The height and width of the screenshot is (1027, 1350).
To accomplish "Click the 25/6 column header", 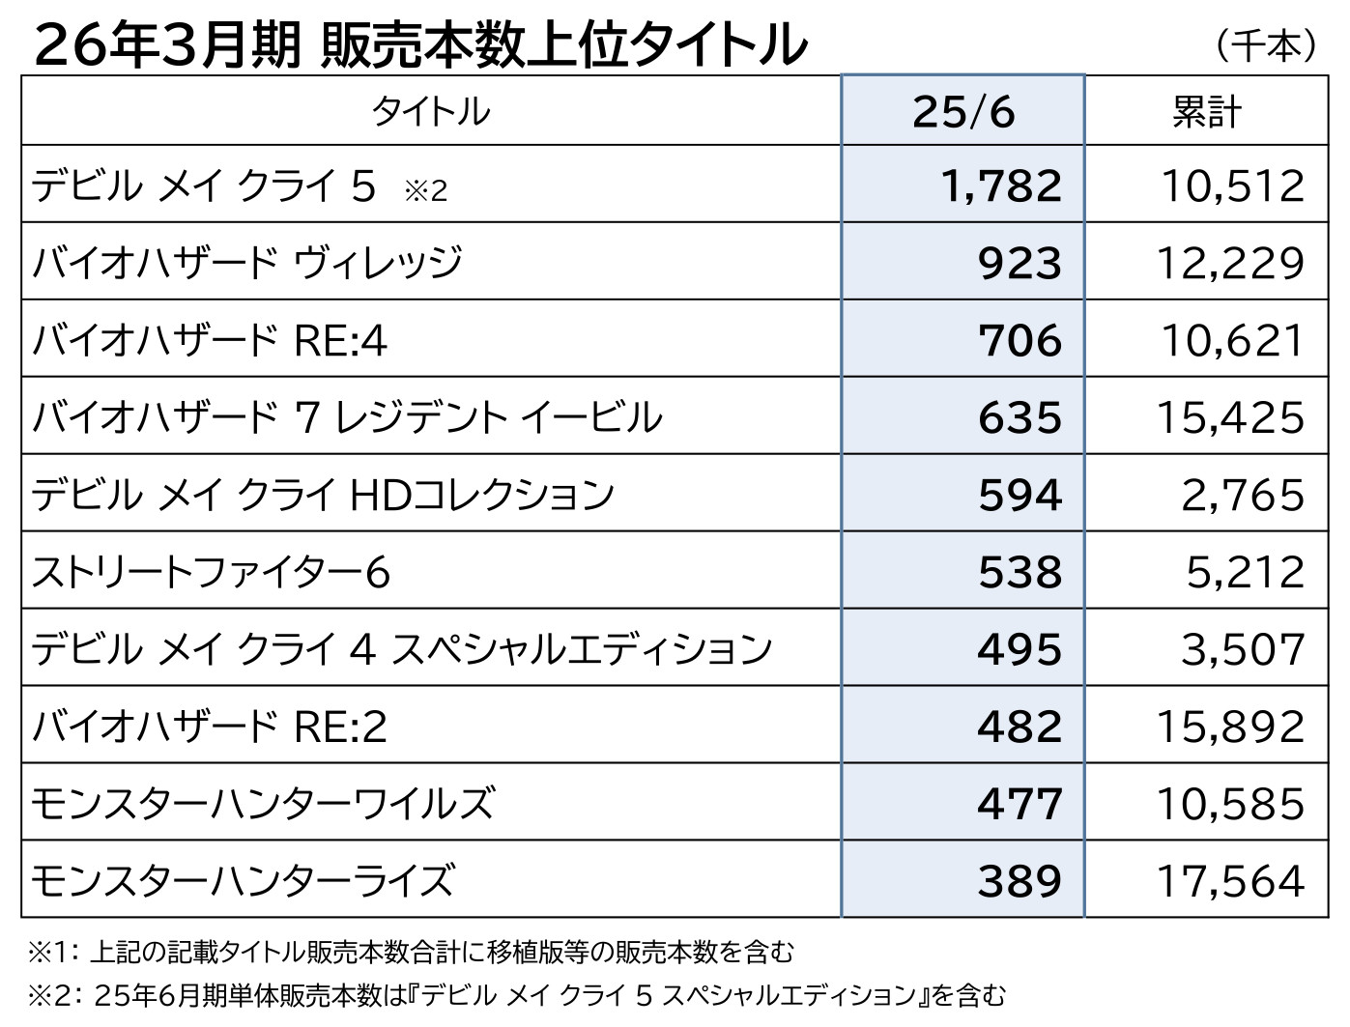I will [963, 112].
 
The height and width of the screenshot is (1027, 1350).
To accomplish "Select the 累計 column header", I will [1206, 112].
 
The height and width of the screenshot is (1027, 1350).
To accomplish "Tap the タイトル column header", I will [431, 112].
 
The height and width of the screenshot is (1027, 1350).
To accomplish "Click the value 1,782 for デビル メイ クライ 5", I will [1001, 185].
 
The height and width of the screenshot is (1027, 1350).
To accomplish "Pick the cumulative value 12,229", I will [1231, 263].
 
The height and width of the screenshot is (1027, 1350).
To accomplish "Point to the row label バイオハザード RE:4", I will [210, 340].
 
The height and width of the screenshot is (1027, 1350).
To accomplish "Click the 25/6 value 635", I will [1020, 417].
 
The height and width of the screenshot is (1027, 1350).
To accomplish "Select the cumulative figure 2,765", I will [1243, 495].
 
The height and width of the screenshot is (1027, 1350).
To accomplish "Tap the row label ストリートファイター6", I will [211, 572].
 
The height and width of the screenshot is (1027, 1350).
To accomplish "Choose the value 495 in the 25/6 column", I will [1020, 649].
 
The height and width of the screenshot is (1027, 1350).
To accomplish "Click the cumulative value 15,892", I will [1231, 727].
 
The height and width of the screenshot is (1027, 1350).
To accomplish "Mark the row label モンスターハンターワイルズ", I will [263, 804].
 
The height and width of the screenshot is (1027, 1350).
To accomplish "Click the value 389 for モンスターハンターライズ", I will [1020, 881].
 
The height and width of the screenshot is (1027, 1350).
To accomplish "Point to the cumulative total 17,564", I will [1231, 881].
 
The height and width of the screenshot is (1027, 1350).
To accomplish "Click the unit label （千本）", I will [1266, 44].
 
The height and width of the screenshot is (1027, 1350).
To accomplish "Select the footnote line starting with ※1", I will [411, 953].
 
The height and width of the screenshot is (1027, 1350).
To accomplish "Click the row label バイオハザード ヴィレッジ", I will [247, 263].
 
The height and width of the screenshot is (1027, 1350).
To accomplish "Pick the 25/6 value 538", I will [1020, 572].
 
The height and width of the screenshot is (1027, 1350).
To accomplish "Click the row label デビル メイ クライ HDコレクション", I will [323, 495].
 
